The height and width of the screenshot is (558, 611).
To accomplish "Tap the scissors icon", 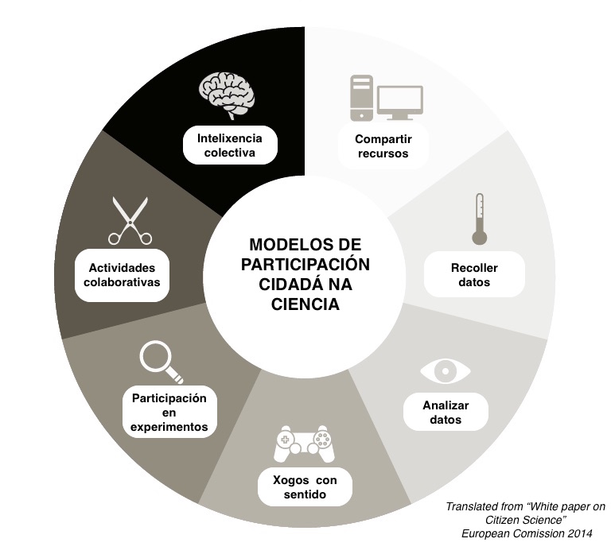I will tap(130, 221).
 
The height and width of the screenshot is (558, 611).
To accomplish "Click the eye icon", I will tap(445, 371).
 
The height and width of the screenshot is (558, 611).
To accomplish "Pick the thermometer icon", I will tap(478, 218).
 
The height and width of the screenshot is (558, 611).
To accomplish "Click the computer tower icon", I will tap(361, 98).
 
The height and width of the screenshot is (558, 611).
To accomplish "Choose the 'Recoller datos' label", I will tap(474, 275).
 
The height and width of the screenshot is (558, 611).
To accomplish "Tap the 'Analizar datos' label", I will tap(446, 412).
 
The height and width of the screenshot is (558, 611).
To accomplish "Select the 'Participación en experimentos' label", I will tap(169, 413).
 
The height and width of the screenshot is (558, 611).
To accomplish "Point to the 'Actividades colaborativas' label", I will tap(123, 275).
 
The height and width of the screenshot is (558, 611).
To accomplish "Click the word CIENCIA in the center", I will tap(305, 304).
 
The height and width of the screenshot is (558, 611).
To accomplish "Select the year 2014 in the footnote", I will tap(577, 533).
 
